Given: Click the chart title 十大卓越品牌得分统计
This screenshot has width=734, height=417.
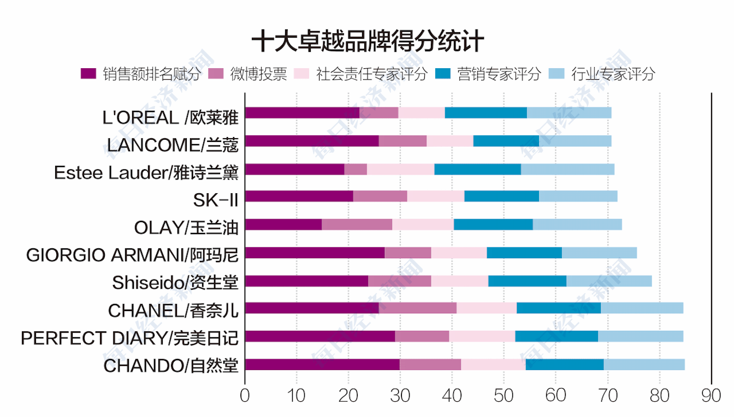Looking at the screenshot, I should [367, 41].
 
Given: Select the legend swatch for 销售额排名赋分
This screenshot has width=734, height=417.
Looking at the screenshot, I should [88, 74].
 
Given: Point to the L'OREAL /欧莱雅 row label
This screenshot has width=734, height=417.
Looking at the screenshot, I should [170, 117].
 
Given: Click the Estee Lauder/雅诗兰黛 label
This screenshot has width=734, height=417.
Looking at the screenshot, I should [146, 172].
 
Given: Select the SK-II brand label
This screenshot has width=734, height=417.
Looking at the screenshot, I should [216, 200].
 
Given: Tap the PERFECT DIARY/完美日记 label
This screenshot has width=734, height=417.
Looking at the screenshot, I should [129, 338].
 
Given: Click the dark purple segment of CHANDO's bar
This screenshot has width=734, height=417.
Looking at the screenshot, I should [322, 365].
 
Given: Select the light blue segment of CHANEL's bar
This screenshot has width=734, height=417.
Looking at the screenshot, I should [642, 308].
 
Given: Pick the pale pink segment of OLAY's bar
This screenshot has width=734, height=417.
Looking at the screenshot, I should [423, 224].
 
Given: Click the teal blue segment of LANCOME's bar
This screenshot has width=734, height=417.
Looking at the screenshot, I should [506, 141].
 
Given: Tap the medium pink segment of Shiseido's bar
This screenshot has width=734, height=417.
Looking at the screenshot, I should [399, 281].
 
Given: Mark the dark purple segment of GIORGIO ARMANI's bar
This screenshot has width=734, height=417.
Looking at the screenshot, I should [315, 253].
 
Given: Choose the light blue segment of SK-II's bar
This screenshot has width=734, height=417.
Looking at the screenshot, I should [578, 196].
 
